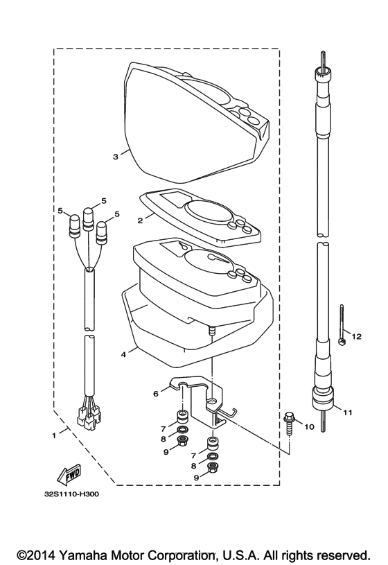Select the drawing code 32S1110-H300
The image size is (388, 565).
pos(71,494)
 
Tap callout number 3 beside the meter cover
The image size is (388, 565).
pos(115,157)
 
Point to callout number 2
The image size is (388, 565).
pos(140,220)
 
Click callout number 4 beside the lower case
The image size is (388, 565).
pos(123,354)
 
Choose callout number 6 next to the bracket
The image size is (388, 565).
pos(156,394)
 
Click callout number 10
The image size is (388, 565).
pos(310,427)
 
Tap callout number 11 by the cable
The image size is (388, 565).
pos(348,412)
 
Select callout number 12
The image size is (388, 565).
pos(357,336)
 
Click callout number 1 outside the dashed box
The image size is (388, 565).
pos(54,435)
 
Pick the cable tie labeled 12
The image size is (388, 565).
pos(341,324)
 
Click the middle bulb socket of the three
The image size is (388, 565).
pos(88,219)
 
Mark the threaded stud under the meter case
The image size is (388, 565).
pos(212,331)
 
